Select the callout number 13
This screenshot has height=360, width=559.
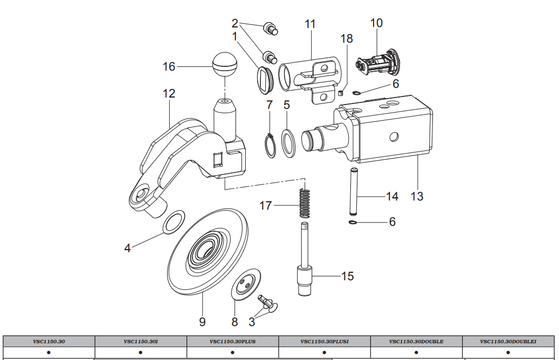417,196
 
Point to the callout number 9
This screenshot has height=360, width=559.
202,322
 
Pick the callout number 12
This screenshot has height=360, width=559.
169,93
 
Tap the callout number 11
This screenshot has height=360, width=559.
310,24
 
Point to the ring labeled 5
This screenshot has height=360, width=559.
289,144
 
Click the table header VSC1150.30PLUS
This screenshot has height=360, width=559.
232,341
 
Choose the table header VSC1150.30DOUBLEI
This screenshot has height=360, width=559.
508,341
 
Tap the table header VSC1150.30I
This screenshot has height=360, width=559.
140,341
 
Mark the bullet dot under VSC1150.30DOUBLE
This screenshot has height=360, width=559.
416,352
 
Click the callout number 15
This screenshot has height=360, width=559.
347,276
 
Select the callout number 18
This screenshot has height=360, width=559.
347,39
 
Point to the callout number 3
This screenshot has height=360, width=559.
252,322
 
